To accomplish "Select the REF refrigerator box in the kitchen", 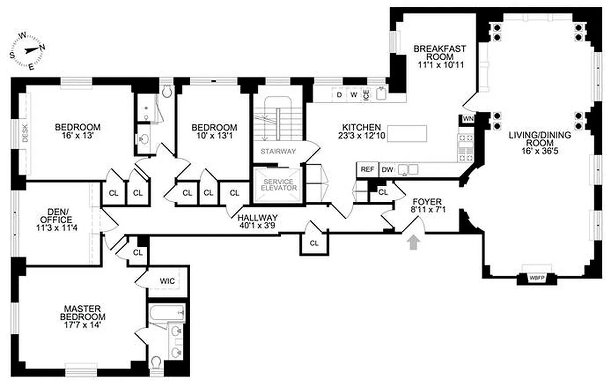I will pyautogui.click(x=367, y=169).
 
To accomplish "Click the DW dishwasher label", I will pyautogui.click(x=386, y=169).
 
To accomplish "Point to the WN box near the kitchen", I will pyautogui.click(x=468, y=119).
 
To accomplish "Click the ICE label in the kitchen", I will pyautogui.click(x=366, y=95).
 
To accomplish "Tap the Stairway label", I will pyautogui.click(x=278, y=151).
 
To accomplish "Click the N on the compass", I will pyautogui.click(x=43, y=47).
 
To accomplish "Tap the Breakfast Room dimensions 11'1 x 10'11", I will pyautogui.click(x=440, y=64).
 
